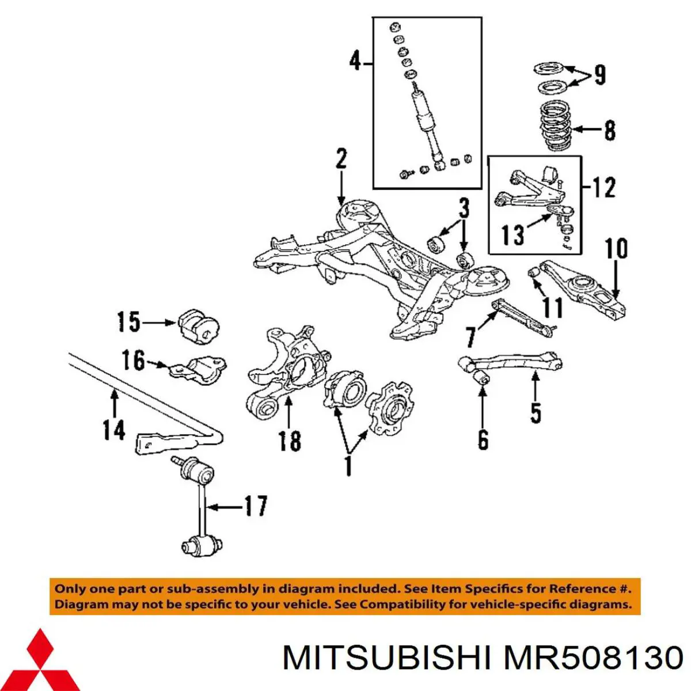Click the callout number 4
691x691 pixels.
tap(355, 60)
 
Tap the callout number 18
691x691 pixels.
tap(290, 441)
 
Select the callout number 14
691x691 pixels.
tap(114, 430)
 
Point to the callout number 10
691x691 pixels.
tap(616, 249)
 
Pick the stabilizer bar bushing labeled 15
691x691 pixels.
tap(198, 326)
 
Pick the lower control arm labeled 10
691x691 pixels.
tap(582, 288)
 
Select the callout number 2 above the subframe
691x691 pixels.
tap(341, 159)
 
